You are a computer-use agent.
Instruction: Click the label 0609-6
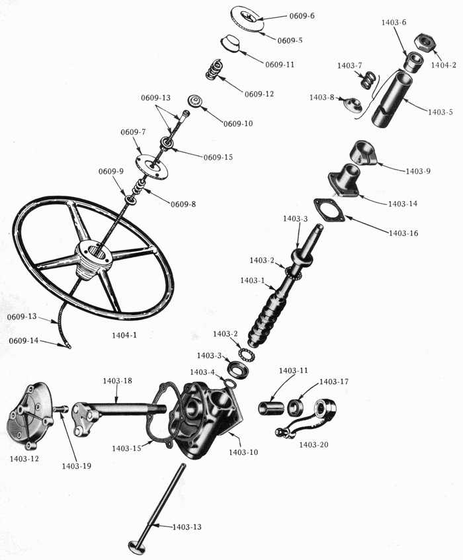[x=302, y=16]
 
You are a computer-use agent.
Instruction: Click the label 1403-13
[x=187, y=527]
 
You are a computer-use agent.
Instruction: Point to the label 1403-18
[x=118, y=381]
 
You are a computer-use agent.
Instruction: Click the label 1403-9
[x=418, y=171]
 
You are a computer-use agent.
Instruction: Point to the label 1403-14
[x=403, y=204]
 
